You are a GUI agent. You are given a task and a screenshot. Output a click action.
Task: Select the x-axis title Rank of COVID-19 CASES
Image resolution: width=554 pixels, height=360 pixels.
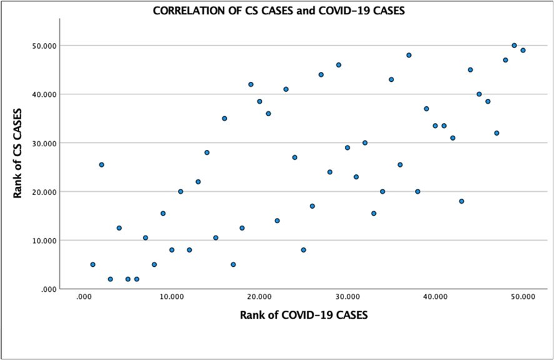coord(304,315)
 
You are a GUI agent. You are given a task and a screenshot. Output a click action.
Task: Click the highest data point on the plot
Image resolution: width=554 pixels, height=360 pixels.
coord(514,46)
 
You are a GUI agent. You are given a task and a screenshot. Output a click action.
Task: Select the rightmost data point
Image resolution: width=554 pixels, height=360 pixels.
coord(523,51)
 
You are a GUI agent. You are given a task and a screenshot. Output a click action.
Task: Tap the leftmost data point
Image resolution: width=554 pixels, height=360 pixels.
coord(92,264)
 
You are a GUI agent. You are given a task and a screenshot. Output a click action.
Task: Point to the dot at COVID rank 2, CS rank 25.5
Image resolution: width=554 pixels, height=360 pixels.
coord(101,164)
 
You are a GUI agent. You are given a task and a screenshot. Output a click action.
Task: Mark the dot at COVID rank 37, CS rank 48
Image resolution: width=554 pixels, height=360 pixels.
coord(409,55)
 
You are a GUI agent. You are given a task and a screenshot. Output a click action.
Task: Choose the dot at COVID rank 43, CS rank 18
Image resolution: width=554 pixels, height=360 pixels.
coord(462,201)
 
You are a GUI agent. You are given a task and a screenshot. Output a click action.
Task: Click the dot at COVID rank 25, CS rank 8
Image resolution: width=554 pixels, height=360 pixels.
coord(304,250)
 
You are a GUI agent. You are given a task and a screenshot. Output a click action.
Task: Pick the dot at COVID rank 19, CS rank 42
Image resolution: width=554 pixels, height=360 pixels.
coord(250,84)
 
